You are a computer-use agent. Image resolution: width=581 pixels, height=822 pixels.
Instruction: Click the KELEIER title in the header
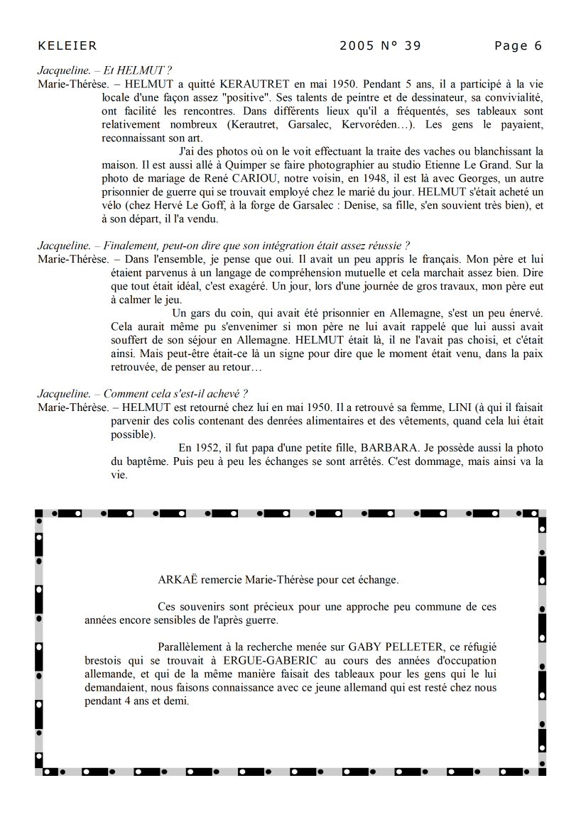[67, 46]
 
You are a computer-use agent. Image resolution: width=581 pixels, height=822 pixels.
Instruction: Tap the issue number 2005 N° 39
[380, 46]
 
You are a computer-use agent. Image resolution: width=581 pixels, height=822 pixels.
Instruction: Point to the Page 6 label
[518, 46]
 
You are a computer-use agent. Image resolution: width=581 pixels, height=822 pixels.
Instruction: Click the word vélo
[113, 204]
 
